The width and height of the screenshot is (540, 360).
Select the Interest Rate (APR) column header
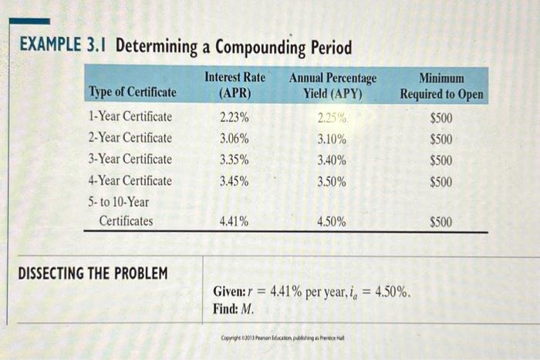(235, 86)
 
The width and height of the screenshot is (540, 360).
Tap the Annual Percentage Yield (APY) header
(332, 86)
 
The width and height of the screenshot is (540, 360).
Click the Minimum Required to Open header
(441, 86)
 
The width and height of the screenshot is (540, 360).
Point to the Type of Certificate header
(133, 93)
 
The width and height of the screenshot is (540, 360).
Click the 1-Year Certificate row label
(130, 117)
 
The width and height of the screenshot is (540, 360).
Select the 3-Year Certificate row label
(130, 160)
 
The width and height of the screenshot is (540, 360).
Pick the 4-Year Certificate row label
(130, 181)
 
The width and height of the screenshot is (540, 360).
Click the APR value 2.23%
(234, 118)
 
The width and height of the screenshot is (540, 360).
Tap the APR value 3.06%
(234, 139)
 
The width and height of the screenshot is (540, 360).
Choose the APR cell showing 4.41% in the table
(234, 222)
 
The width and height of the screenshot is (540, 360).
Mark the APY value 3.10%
(332, 140)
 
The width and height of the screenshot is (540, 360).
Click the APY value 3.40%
(332, 161)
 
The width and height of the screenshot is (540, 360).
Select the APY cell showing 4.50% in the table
(332, 222)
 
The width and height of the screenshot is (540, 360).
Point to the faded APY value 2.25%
(332, 119)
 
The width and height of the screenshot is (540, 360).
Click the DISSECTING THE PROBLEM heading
(92, 274)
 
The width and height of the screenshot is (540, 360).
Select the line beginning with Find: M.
(233, 309)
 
